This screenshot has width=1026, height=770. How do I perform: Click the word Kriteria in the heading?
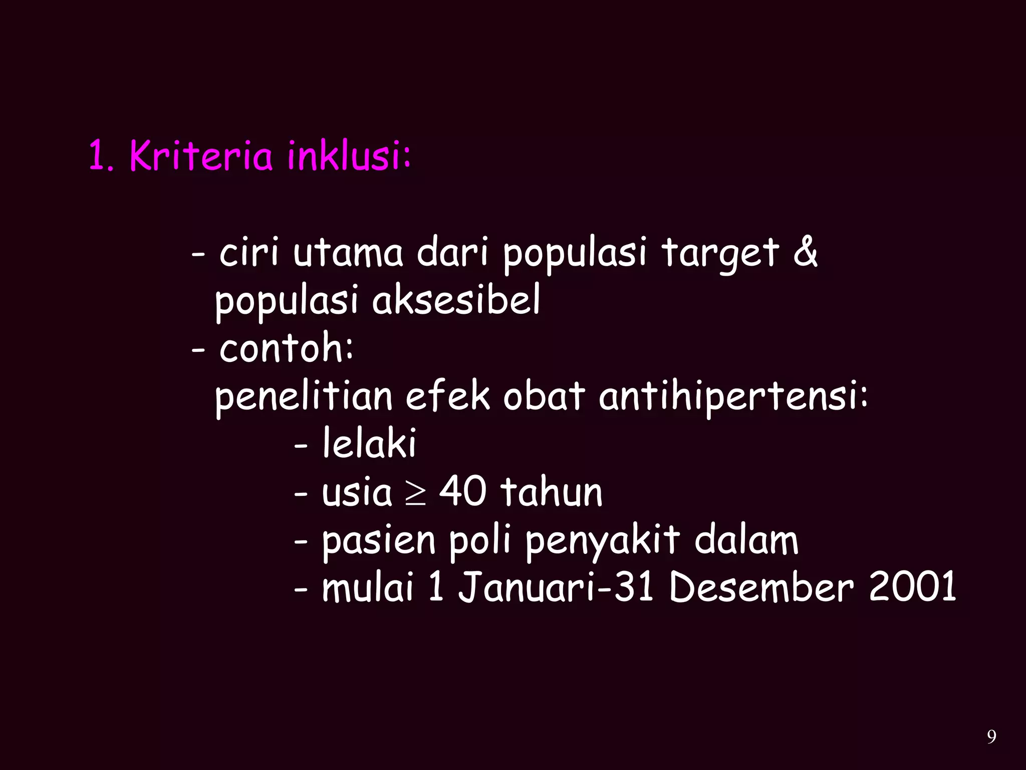pos(201,156)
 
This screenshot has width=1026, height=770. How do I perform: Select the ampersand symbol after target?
pos(805,252)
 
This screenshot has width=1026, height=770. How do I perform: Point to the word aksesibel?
pos(456,300)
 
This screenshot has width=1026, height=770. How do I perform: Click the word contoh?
pos(285,348)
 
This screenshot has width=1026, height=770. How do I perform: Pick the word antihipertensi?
pos(732,396)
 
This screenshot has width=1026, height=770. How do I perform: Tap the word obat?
pos(544,396)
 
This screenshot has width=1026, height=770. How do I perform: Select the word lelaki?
pos(369,444)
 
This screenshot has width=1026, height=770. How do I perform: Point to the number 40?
pos(462,491)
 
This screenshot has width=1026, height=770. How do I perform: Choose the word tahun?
pos(552,491)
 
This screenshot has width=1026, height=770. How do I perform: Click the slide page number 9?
pos(991,737)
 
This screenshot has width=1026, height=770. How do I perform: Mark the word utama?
pos(348,252)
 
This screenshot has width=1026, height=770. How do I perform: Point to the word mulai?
pos(368,587)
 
